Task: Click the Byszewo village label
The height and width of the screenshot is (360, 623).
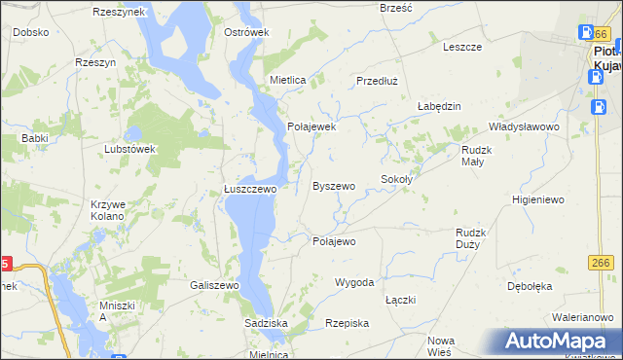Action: point(333,185)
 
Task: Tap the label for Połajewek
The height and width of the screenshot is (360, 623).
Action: point(311,126)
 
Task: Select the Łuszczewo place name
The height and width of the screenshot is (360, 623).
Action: point(251,190)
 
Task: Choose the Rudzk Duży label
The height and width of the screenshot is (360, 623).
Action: point(475,238)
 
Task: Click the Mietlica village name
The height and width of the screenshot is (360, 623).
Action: point(289,80)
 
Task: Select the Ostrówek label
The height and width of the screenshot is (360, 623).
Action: point(246,32)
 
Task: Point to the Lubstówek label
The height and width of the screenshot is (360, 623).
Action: point(130,149)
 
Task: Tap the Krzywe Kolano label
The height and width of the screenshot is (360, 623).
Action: point(107,209)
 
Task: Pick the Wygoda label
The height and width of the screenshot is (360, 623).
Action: point(354,282)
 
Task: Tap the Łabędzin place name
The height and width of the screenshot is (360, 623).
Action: point(438,106)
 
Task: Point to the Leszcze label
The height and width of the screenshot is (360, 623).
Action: point(462,46)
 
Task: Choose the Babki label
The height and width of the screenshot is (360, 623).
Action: point(35,138)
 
